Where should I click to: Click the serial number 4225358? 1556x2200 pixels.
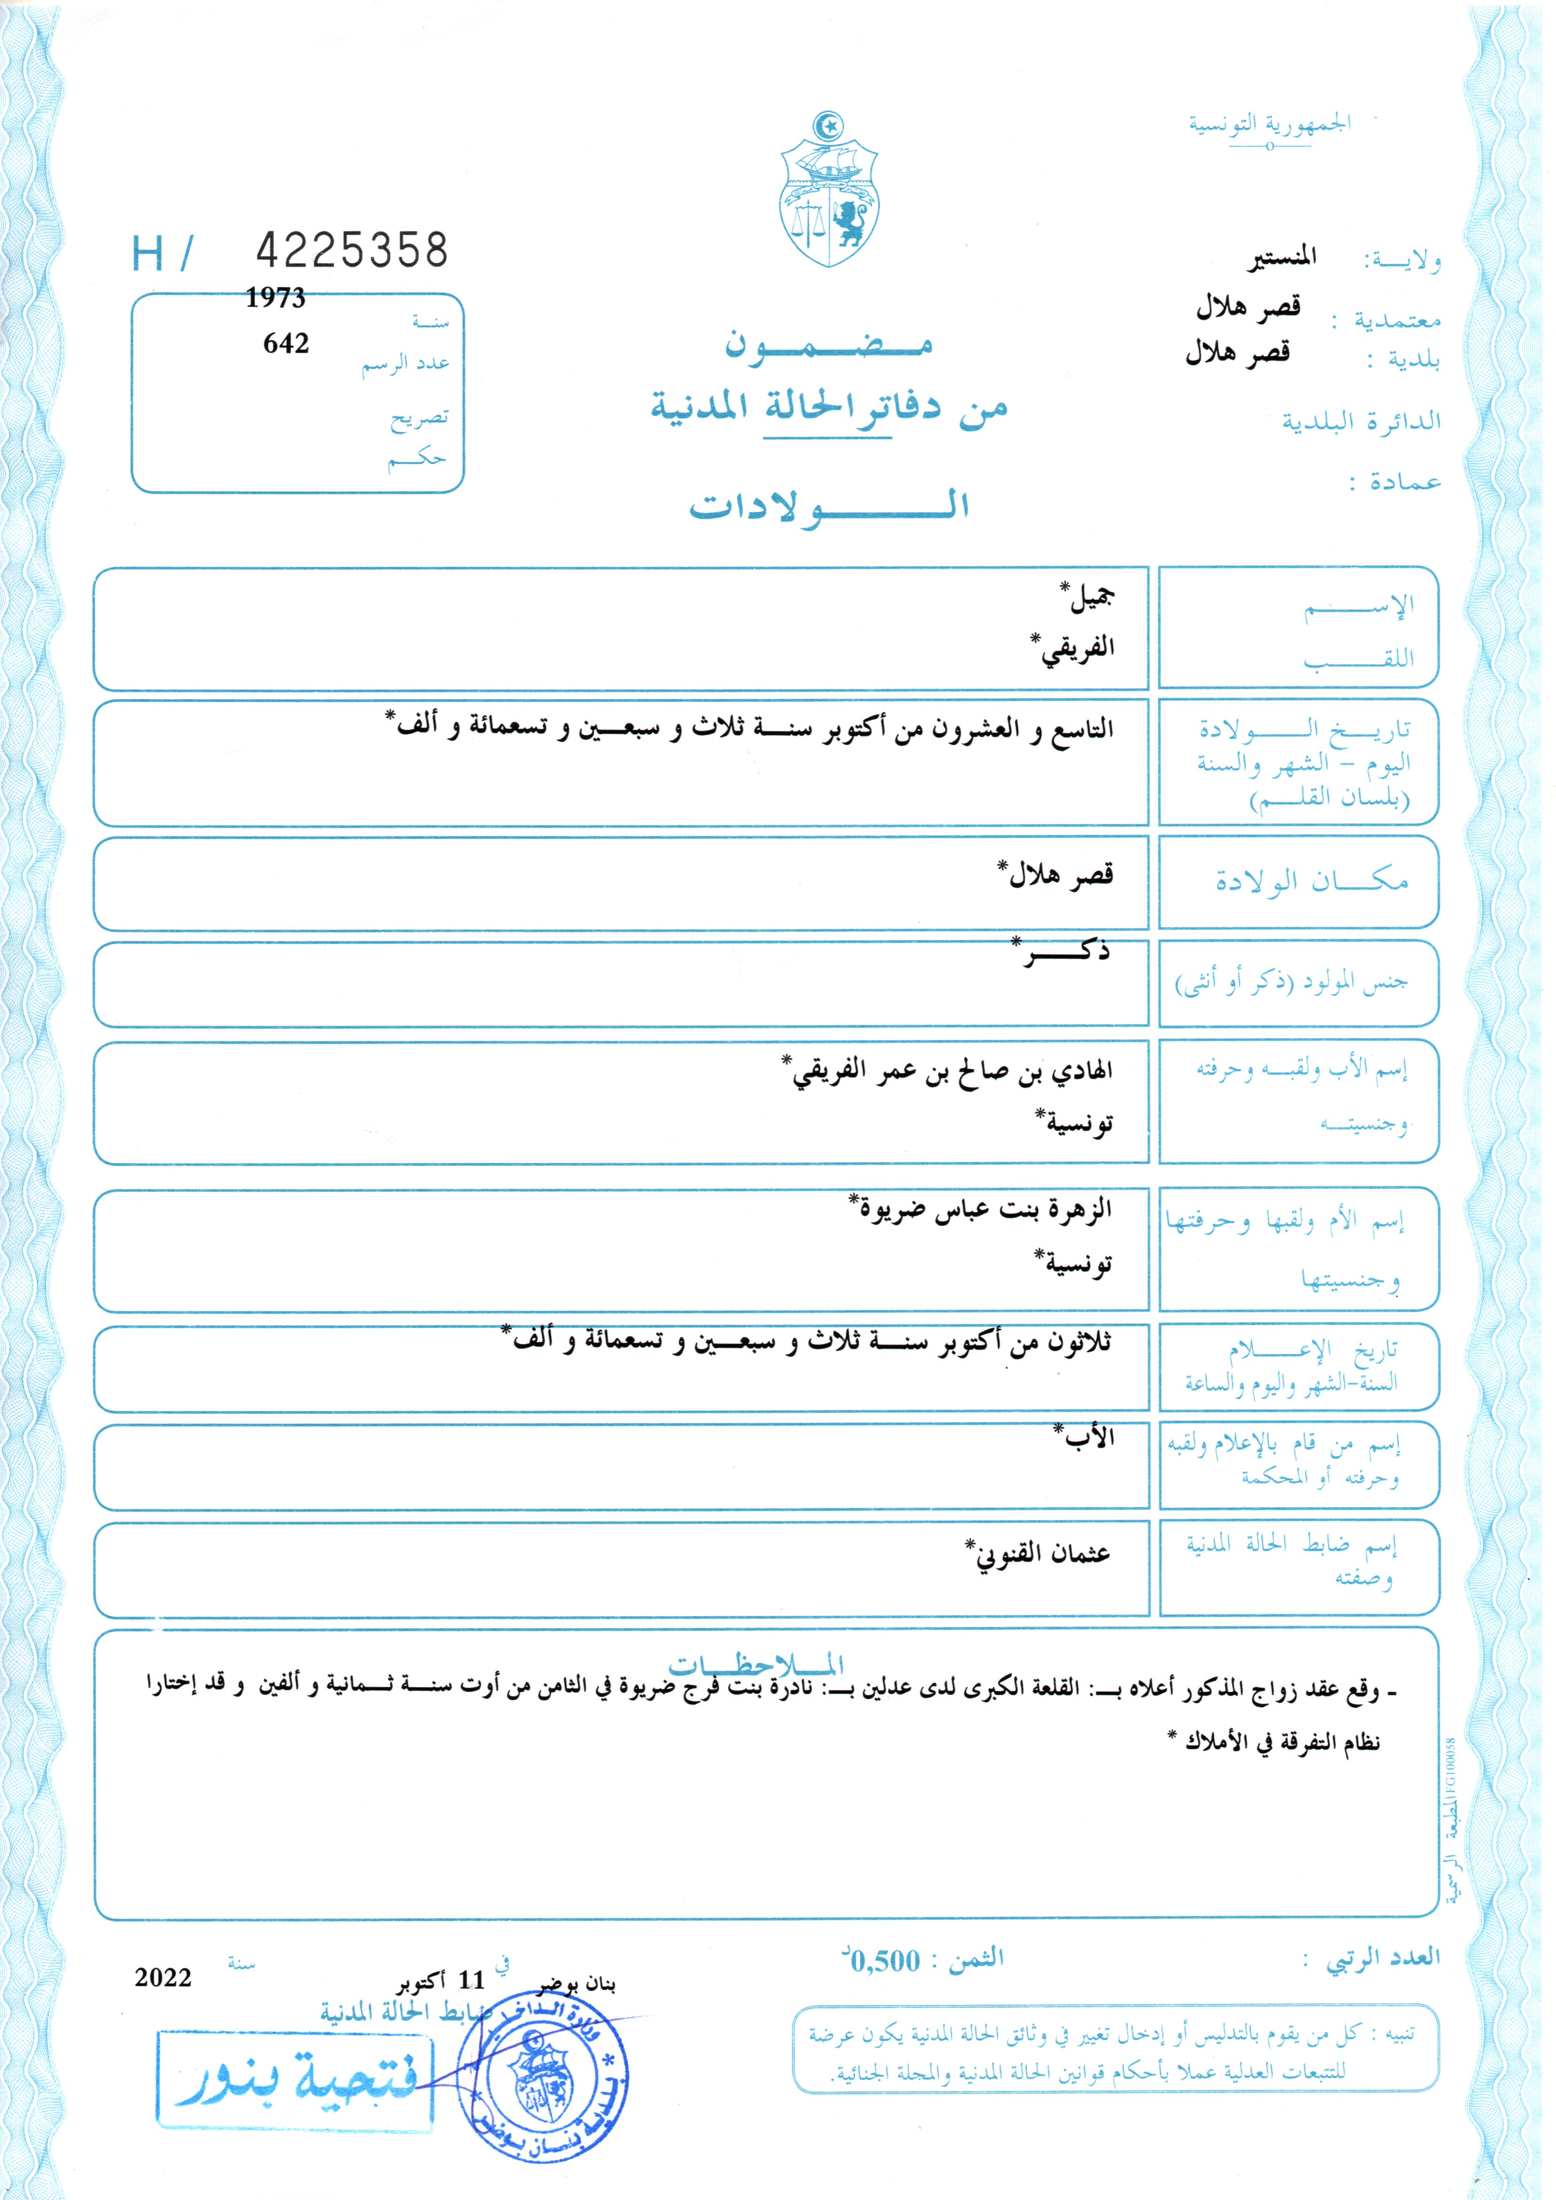point(352,250)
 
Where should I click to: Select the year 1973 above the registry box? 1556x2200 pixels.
point(275,298)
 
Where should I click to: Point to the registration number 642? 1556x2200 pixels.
point(286,343)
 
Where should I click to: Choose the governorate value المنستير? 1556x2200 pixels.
point(1281,257)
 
